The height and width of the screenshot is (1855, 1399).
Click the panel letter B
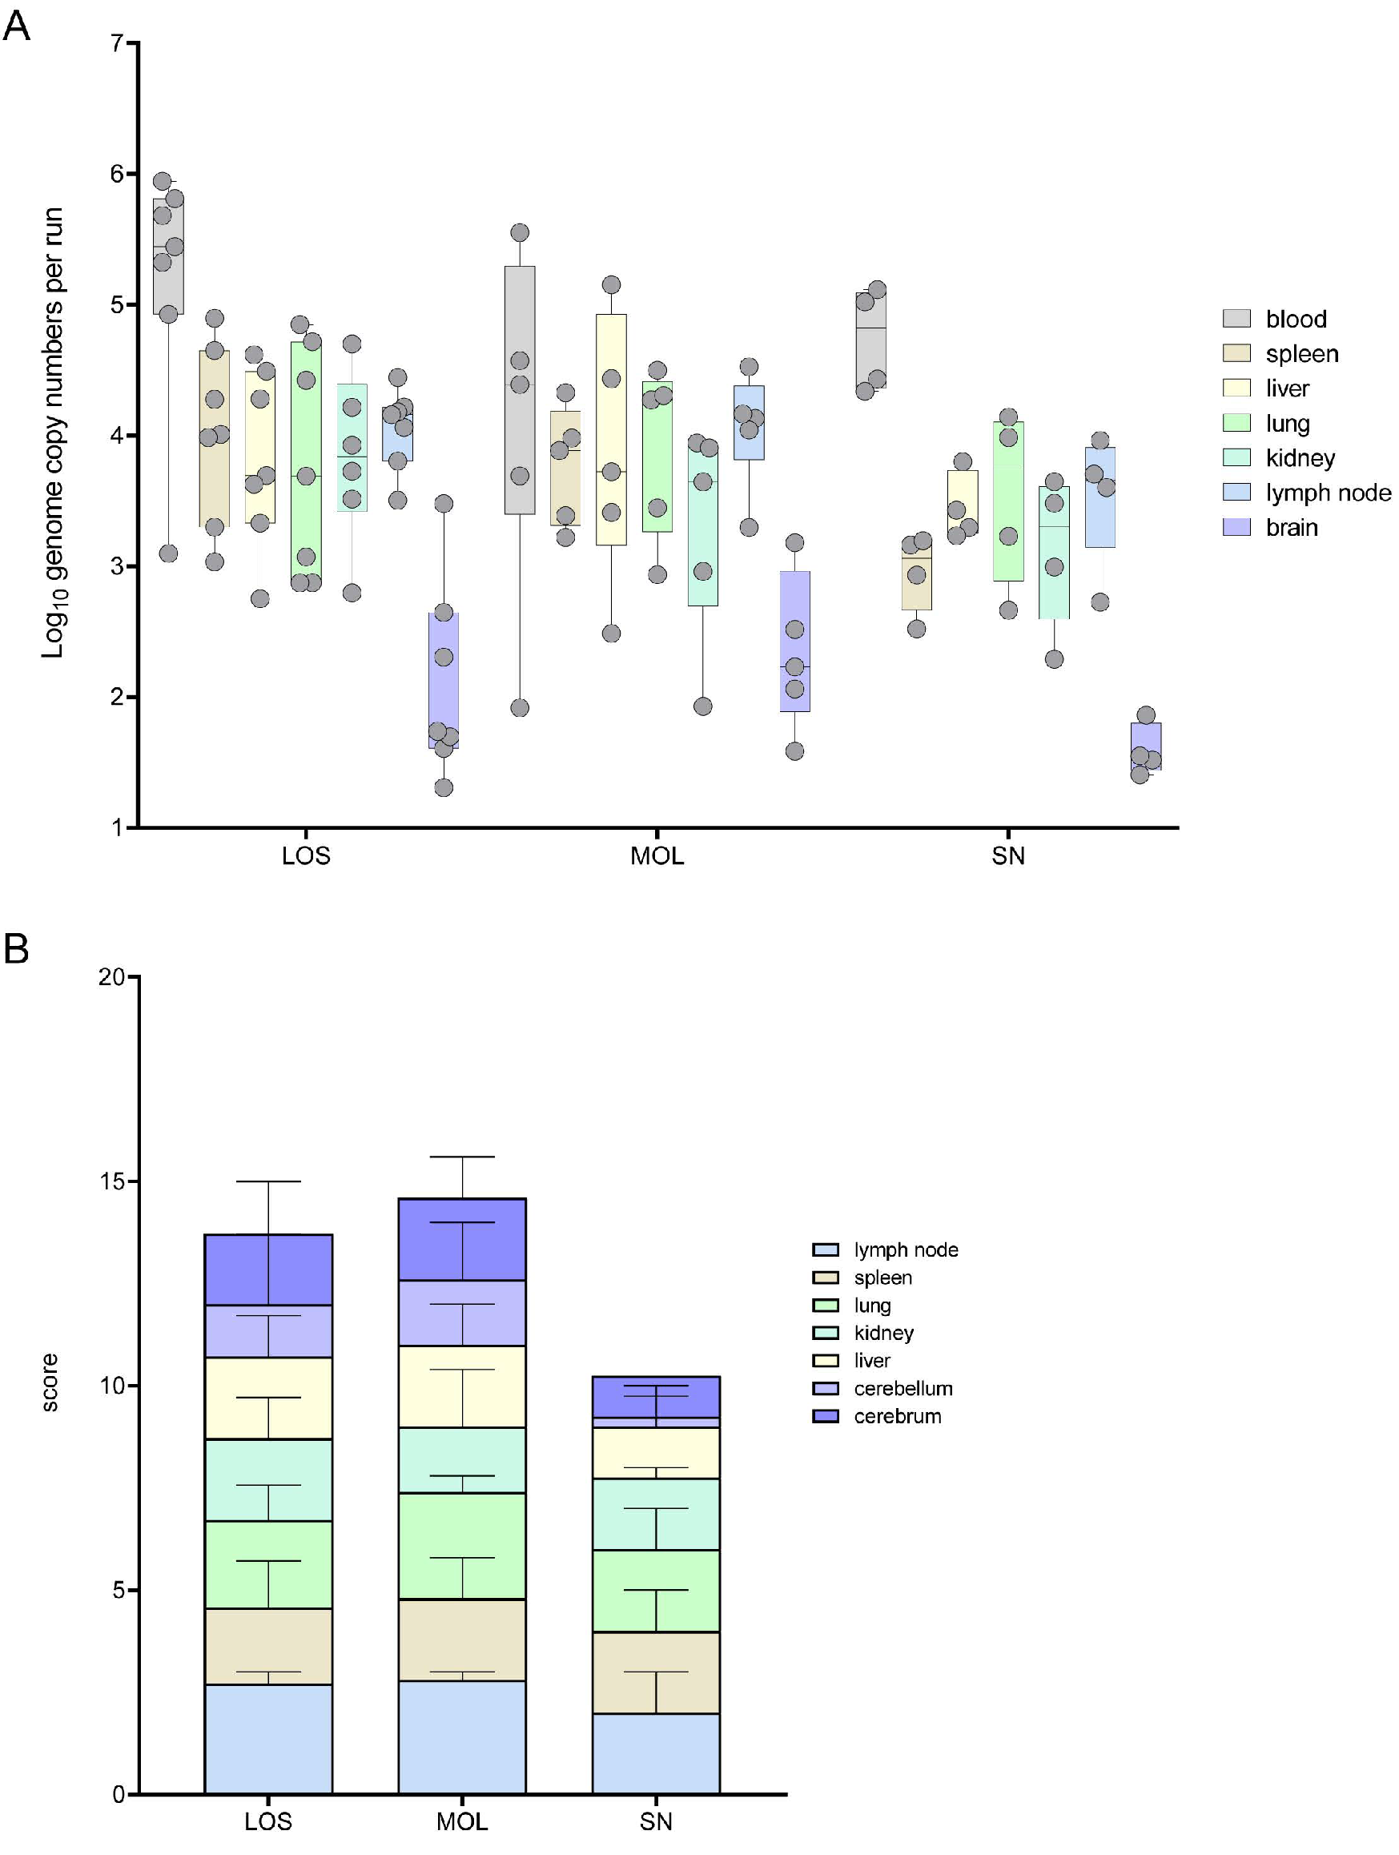(x=17, y=949)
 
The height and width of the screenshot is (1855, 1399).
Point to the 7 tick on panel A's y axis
(x=118, y=42)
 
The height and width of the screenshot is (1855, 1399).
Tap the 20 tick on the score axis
(x=111, y=977)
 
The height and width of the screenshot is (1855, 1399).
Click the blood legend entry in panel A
(x=1273, y=319)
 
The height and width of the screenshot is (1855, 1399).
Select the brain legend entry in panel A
(x=1269, y=528)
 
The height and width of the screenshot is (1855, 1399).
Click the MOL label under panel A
(x=657, y=856)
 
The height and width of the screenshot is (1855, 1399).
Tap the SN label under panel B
(x=656, y=1821)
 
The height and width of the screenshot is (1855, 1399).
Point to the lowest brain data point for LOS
(x=444, y=787)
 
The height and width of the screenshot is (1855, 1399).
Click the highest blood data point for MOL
(x=520, y=232)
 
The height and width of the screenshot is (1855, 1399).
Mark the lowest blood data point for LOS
(x=168, y=553)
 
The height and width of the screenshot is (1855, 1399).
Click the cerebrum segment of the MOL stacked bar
(x=462, y=1238)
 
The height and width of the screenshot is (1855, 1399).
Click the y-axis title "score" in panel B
(x=50, y=1383)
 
